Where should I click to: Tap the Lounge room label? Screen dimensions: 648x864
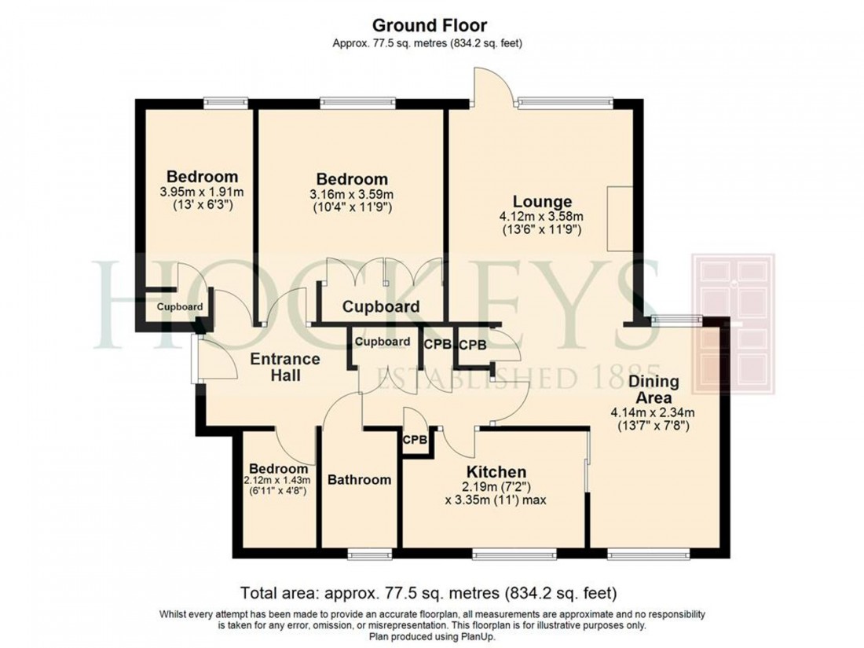coord(537,201)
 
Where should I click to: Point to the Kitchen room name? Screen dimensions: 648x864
coord(496,471)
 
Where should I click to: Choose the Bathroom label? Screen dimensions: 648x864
coord(359,479)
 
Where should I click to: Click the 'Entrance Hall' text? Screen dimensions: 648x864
coord(285,368)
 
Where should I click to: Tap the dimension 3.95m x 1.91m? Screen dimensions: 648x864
coord(196,191)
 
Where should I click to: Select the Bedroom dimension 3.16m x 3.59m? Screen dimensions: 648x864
coord(352,194)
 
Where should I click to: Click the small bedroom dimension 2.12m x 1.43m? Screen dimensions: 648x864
coord(278,481)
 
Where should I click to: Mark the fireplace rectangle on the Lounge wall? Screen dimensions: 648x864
coord(619,219)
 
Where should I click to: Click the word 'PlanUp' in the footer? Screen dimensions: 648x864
coord(478,635)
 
